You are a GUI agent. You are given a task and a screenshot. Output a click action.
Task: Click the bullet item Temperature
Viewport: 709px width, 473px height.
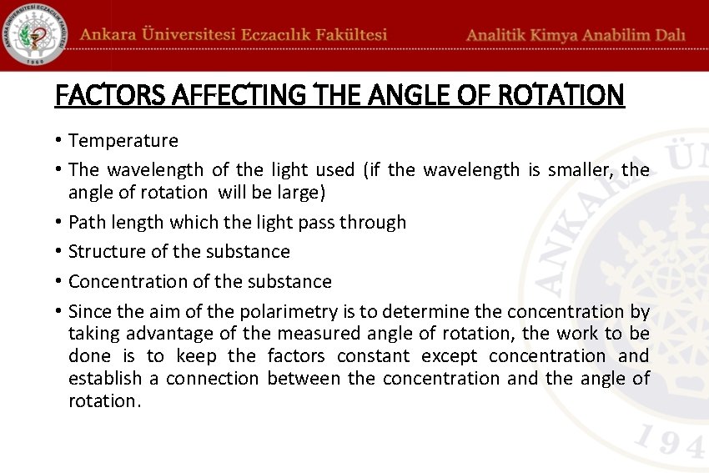(123, 141)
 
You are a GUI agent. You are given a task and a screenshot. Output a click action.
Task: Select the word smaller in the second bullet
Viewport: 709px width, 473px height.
(580, 170)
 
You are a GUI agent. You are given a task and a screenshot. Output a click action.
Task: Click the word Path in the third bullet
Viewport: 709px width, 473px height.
(85, 222)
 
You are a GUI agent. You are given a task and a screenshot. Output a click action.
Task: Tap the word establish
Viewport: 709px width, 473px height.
(105, 379)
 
